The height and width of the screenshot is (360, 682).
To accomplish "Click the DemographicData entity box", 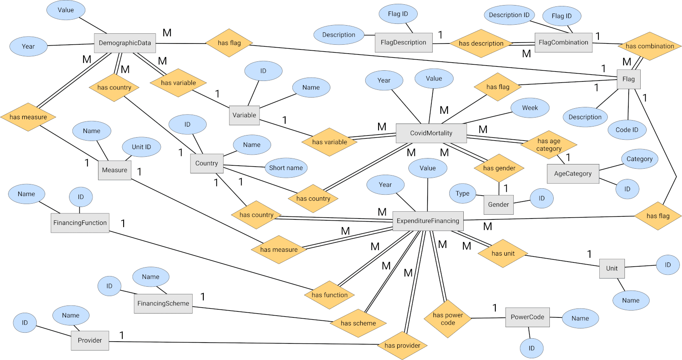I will [125, 43].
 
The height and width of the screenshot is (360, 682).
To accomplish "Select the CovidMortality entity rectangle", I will [431, 133].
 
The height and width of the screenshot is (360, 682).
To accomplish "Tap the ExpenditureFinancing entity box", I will [428, 221].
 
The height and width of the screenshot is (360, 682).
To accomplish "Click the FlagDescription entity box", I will [403, 43].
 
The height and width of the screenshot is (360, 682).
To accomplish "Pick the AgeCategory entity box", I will [573, 174].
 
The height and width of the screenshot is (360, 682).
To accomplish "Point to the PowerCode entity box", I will [527, 317].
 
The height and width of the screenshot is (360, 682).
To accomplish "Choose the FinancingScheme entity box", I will [163, 303].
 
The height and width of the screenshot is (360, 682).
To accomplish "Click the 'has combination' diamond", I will [650, 46].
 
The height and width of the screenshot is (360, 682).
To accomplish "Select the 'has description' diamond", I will [481, 43].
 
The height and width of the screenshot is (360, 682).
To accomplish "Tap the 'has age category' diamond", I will [549, 145].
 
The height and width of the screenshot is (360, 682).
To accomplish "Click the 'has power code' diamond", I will [448, 319].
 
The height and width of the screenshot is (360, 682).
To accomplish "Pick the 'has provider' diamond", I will [402, 346].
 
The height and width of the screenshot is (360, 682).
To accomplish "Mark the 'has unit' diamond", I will [503, 253].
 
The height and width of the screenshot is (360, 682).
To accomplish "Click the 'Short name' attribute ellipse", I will [286, 168].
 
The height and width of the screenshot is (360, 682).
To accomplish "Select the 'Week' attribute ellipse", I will [530, 108].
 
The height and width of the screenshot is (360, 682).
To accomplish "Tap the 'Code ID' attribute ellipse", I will [627, 130].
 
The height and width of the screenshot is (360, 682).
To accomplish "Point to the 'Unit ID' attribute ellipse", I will [141, 147].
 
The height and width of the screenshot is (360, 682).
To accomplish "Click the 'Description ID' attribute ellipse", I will [509, 15].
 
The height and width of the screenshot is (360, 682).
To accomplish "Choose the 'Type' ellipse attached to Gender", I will [462, 193].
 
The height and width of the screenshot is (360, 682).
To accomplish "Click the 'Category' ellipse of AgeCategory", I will [639, 159].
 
